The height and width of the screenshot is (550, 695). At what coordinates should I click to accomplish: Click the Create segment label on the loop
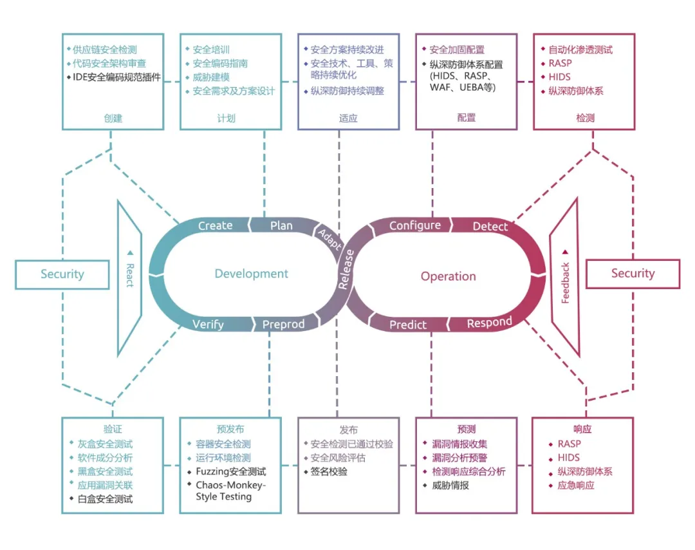tap(215, 226)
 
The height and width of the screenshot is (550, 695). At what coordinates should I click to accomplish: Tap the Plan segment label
tap(281, 226)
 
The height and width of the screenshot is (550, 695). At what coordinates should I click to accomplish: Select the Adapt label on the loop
tap(329, 239)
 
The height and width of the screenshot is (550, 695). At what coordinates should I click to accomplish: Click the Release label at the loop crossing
tap(346, 269)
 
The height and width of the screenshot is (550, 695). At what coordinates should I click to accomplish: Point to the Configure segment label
tap(415, 226)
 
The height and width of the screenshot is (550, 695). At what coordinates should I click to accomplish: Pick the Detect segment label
tap(490, 227)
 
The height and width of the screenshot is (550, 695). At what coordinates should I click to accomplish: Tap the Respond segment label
tap(489, 323)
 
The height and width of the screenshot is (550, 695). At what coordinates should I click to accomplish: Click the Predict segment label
tap(408, 325)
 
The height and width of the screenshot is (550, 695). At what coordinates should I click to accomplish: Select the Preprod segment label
tap(283, 325)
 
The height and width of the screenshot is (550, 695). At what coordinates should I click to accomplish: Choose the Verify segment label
tap(208, 325)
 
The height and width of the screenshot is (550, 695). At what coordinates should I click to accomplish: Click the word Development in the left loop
tap(252, 274)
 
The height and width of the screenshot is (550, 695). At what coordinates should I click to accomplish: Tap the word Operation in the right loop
tap(448, 276)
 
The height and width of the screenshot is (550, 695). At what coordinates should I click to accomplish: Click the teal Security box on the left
tap(62, 274)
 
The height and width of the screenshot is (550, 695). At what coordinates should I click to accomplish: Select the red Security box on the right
tap(633, 274)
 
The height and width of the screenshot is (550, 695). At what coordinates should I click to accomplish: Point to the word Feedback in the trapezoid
tap(565, 283)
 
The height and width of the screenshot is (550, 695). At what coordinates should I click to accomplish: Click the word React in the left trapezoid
tap(130, 275)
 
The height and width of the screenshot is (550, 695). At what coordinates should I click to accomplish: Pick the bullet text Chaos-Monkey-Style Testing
tap(231, 491)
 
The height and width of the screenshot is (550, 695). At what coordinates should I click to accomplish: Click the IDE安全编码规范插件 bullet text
tap(116, 77)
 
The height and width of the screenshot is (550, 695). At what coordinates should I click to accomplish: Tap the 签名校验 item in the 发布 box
tap(329, 471)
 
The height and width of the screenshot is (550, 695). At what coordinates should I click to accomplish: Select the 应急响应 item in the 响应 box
tap(576, 485)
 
